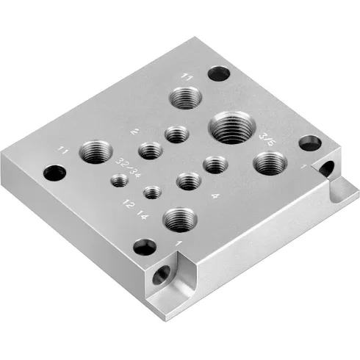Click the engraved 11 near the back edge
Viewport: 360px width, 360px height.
click(x=187, y=76)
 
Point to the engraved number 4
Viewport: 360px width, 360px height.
click(x=215, y=195)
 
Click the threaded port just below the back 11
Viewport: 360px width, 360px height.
click(x=185, y=98)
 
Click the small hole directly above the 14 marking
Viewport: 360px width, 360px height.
click(x=151, y=192)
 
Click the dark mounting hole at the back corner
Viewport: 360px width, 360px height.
click(x=216, y=73)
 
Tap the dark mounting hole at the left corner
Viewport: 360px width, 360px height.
click(x=54, y=173)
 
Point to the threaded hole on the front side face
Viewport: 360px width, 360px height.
click(x=161, y=276)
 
